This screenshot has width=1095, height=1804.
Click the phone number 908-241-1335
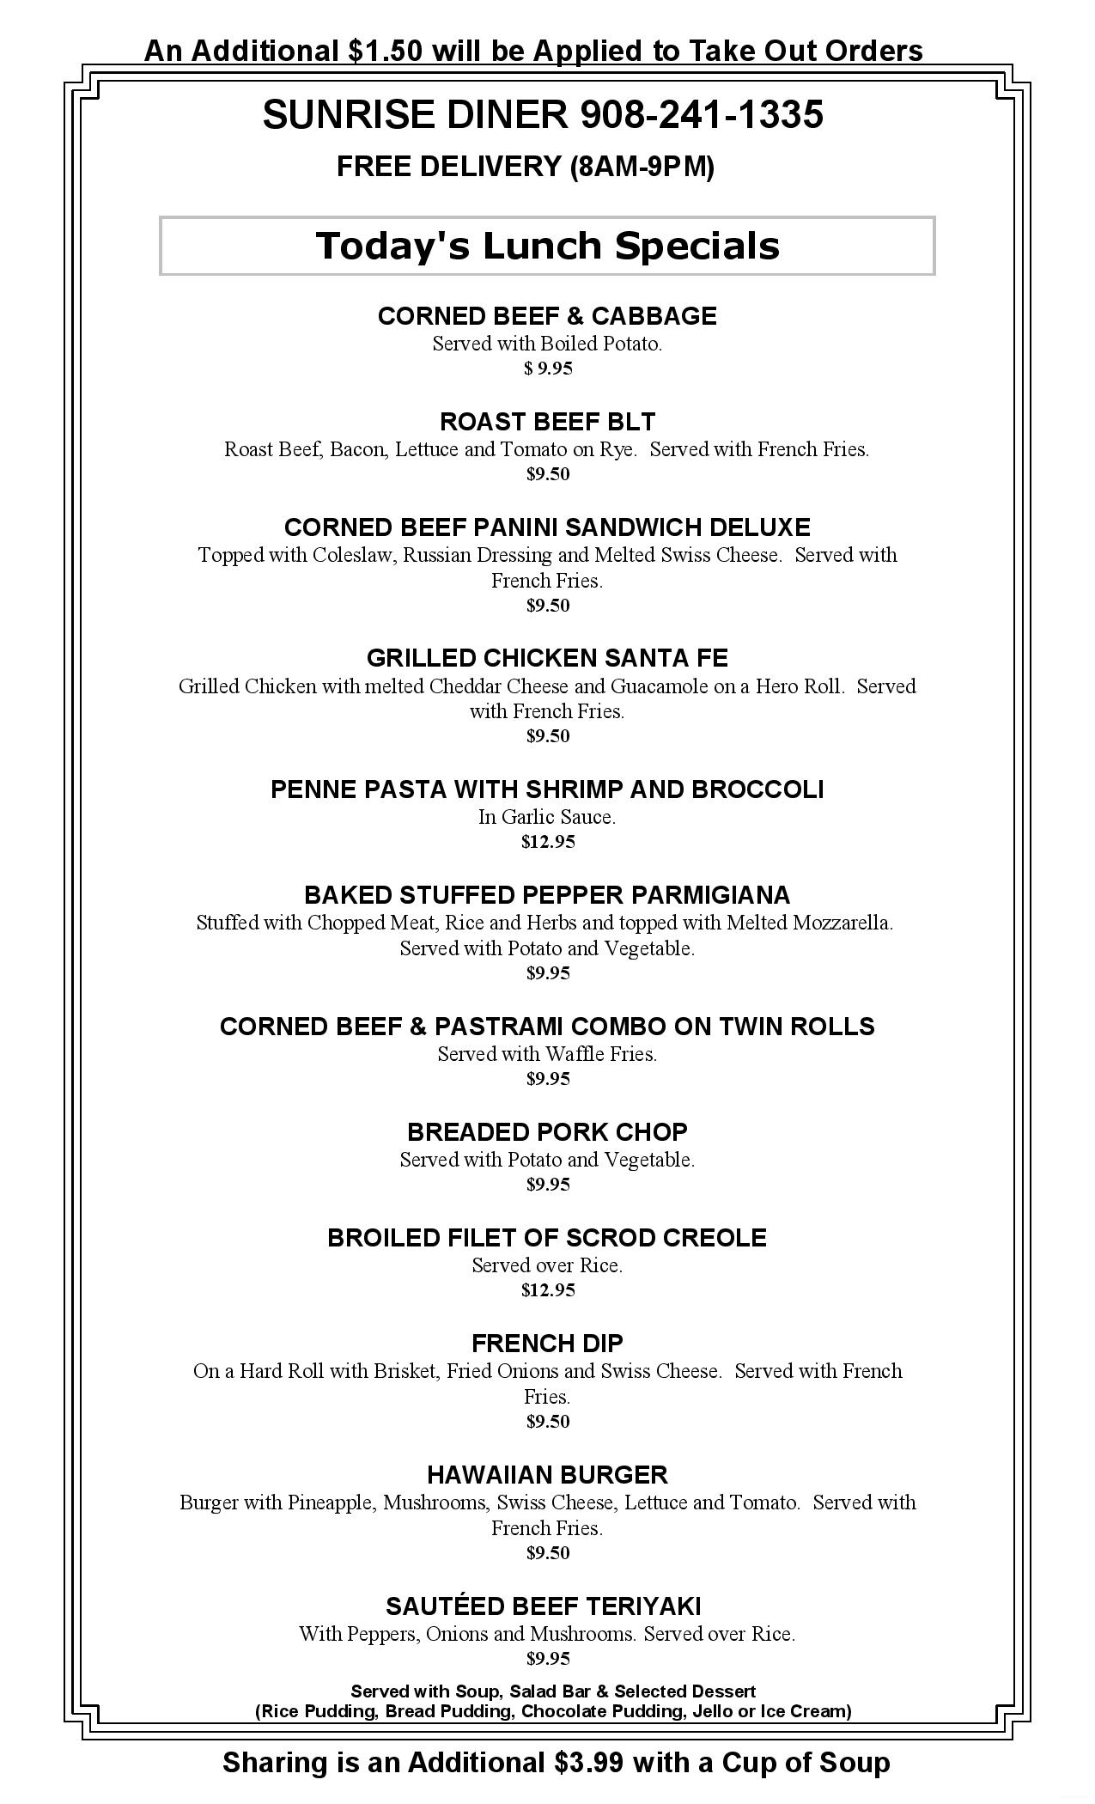coord(702,115)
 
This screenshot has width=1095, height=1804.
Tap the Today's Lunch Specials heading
coord(547,246)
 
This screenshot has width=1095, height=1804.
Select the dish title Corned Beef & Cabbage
coord(547,316)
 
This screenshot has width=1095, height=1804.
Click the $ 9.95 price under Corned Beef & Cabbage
coord(548,369)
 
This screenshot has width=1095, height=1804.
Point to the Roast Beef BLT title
coord(547,422)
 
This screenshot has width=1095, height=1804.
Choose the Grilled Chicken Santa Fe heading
coord(547,658)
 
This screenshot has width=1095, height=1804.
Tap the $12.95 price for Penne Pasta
coord(548,842)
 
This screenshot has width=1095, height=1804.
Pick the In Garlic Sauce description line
coord(547,817)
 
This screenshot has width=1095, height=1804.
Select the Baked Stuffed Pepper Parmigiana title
coord(547,895)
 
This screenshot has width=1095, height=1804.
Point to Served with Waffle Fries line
coord(547,1054)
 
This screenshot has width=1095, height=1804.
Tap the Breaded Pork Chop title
coord(547,1132)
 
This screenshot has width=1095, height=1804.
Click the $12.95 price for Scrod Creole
coord(548,1290)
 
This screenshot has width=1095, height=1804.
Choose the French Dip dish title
coord(547,1343)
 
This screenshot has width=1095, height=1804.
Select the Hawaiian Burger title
coord(547,1475)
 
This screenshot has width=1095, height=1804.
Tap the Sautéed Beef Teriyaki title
coord(543,1606)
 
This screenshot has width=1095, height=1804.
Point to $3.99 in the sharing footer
coord(592,1763)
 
